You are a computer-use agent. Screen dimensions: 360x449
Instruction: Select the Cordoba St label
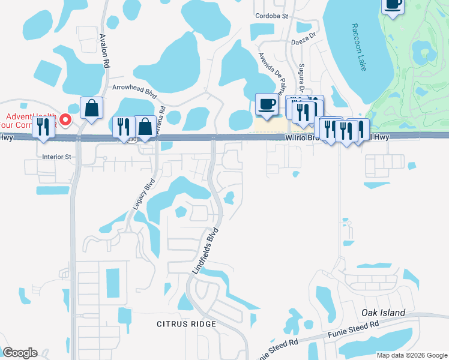(272, 16)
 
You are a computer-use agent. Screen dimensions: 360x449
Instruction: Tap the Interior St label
(56, 157)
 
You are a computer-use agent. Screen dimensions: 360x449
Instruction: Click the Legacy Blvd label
(142, 193)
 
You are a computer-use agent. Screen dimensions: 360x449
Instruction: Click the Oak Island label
(384, 313)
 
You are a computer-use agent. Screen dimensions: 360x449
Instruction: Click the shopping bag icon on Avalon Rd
(91, 109)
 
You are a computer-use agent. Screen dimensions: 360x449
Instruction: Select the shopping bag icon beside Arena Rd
(145, 127)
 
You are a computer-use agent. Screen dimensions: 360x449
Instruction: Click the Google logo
(20, 352)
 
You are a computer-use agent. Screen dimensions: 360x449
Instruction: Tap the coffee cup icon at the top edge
(393, 5)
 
